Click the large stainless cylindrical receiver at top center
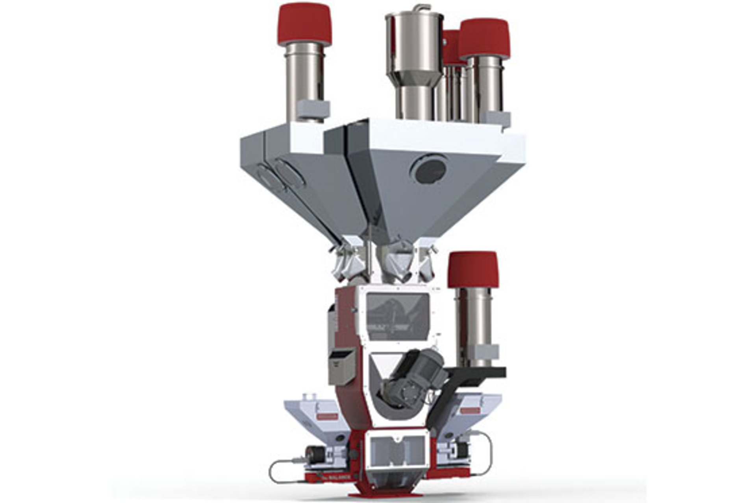tap(414, 43)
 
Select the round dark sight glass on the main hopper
tap(429, 170)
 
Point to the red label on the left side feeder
tap(328, 416)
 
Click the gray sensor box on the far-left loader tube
tap(313, 109)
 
